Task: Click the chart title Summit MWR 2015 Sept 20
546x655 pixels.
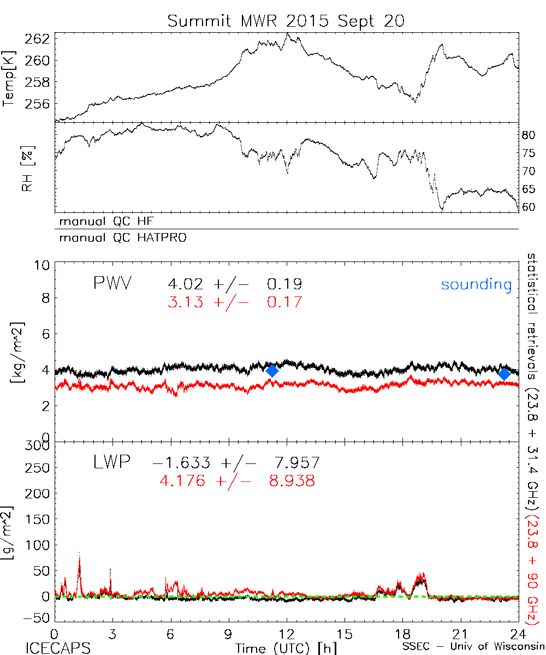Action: pos(286,21)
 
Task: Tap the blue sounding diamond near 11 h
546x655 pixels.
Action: pos(272,371)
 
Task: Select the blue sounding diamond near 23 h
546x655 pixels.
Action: pos(504,373)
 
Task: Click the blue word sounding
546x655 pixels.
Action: pos(476,284)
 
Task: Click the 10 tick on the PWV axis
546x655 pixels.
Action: pos(44,265)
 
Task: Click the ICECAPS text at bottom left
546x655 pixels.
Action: pos(58,647)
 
